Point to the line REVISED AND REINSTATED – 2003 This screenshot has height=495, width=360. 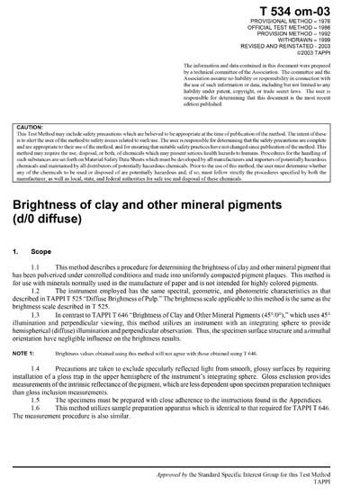[301, 49]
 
